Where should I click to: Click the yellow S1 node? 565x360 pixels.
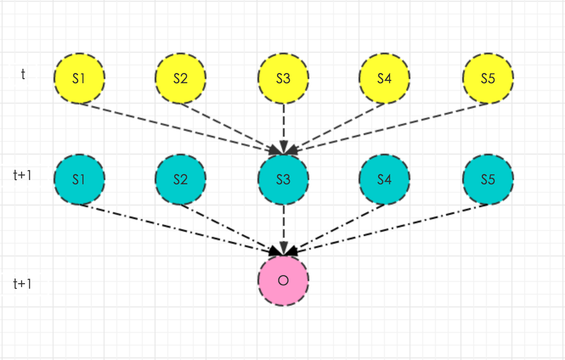tap(79, 78)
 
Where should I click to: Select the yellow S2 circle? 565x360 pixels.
tap(181, 78)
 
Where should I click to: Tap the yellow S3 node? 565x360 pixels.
tap(283, 78)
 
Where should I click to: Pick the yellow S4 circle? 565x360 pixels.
tap(384, 78)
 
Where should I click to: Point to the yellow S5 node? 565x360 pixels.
tap(488, 78)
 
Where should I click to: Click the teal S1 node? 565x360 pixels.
tap(79, 180)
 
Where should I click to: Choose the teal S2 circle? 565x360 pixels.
tap(181, 180)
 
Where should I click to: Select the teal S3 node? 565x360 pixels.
tap(283, 180)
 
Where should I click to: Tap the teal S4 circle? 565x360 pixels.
tap(384, 180)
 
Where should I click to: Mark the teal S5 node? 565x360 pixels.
tap(488, 180)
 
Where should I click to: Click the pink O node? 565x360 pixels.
tap(283, 281)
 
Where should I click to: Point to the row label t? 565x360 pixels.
tap(23, 75)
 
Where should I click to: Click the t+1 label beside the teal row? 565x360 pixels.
tap(22, 175)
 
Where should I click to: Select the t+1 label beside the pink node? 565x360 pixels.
tap(22, 284)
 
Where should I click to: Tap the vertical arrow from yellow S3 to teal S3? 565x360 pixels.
tap(283, 127)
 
